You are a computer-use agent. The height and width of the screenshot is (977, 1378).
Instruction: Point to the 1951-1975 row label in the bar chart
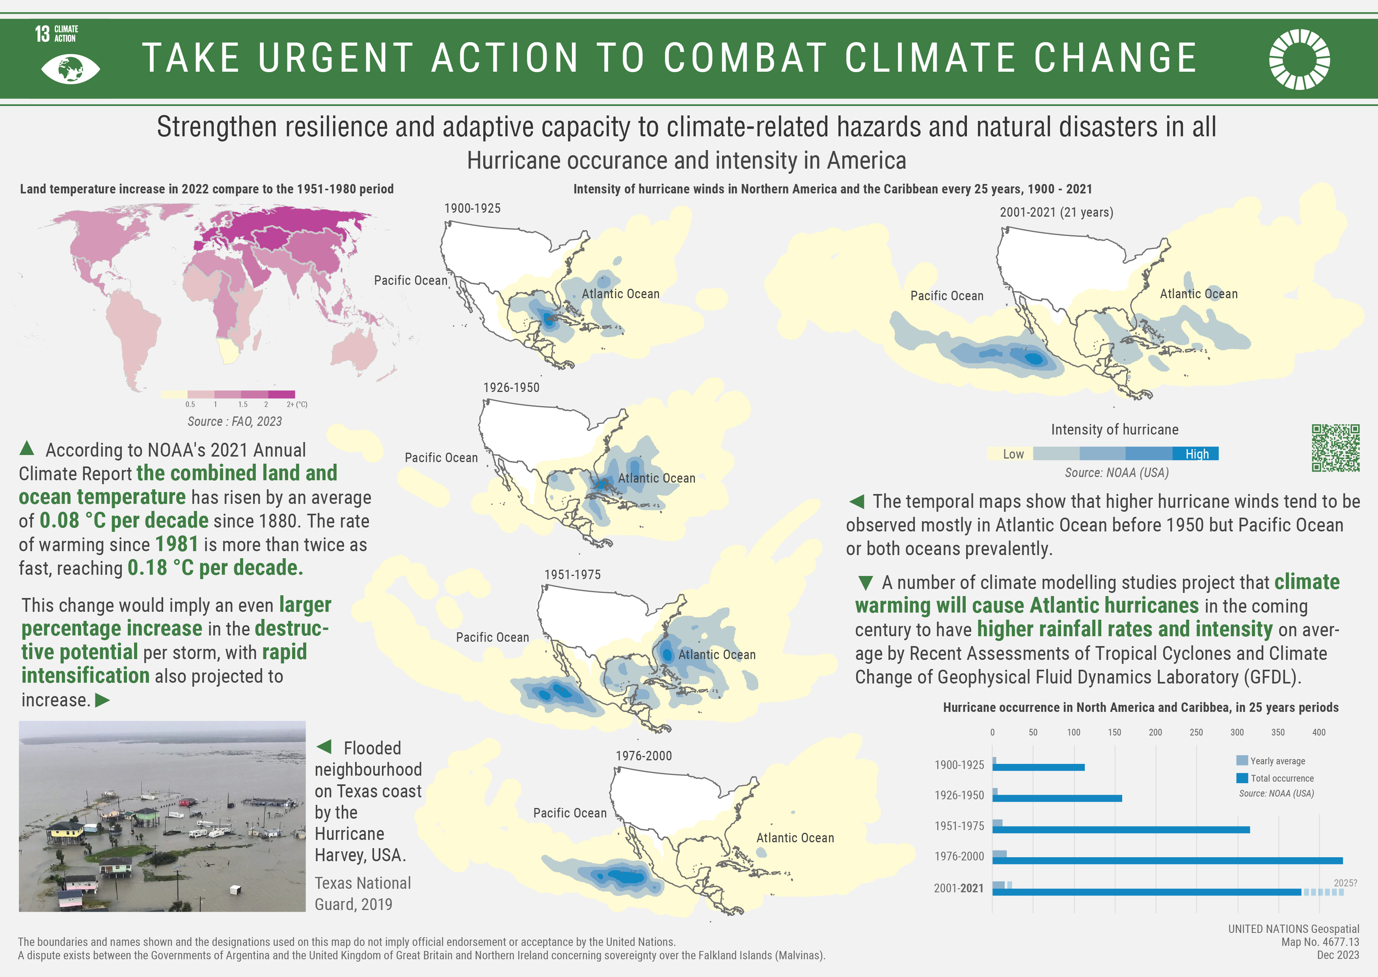click(959, 826)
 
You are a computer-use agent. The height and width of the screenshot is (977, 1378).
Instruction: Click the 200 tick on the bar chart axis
click(1155, 732)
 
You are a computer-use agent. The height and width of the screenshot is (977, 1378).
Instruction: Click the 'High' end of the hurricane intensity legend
click(1196, 453)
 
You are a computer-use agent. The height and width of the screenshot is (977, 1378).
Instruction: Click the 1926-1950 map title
click(511, 387)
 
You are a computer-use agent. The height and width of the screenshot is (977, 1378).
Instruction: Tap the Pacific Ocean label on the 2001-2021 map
click(946, 296)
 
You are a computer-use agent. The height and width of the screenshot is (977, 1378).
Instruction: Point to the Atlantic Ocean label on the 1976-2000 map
click(794, 838)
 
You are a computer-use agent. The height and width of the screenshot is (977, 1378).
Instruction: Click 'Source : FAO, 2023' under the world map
click(234, 422)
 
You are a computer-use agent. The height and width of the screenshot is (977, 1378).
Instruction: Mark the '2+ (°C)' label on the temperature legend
click(297, 404)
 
